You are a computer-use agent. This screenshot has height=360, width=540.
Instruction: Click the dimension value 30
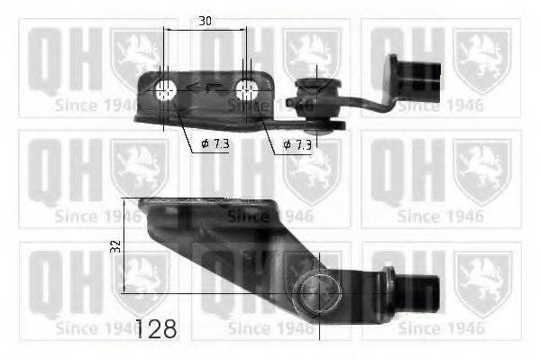(205, 19)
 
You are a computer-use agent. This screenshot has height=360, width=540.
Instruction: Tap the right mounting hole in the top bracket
(245, 89)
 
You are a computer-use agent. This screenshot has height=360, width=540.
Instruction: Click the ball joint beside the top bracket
(316, 91)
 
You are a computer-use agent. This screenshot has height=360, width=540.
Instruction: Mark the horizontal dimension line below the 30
(205, 30)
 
